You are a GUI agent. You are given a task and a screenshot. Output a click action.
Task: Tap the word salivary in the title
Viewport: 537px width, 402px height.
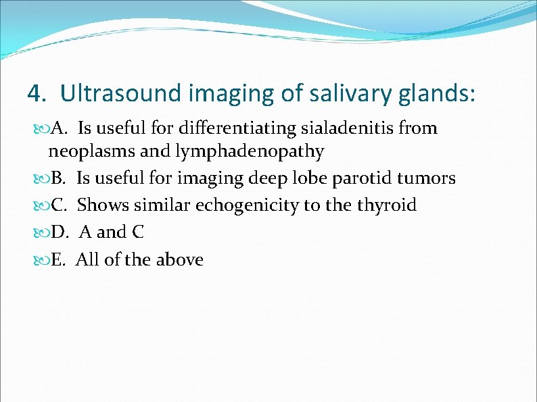[346, 93]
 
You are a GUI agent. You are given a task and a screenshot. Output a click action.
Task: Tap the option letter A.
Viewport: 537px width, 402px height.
[59, 128]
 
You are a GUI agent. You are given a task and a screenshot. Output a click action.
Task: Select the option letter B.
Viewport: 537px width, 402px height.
[58, 178]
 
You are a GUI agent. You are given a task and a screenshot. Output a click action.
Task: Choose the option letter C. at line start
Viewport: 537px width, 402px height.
[59, 205]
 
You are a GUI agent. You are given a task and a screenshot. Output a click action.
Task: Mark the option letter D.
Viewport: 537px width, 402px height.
[59, 232]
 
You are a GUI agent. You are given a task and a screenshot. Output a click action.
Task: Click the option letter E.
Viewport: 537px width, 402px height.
[58, 259]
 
